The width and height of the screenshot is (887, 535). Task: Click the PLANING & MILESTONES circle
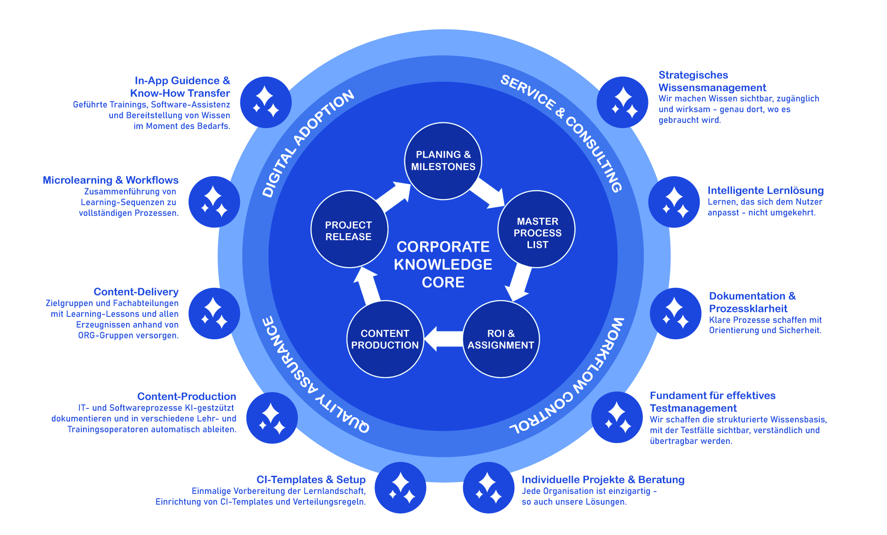(x=443, y=161)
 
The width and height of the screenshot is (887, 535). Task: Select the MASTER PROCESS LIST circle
(x=537, y=229)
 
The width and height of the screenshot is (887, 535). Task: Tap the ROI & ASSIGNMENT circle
(x=501, y=339)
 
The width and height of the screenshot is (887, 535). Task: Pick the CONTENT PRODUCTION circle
(x=385, y=339)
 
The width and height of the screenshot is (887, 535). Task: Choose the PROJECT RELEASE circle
(x=349, y=229)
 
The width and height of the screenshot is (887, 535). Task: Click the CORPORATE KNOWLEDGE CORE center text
(x=443, y=264)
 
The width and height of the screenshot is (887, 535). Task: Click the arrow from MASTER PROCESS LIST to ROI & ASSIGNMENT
(x=520, y=283)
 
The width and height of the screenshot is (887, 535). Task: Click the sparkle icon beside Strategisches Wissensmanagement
(x=622, y=102)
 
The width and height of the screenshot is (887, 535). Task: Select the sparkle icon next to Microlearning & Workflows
(x=214, y=202)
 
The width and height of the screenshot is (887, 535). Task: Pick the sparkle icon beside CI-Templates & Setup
(x=400, y=487)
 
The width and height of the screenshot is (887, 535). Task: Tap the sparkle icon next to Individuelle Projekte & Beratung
(x=488, y=487)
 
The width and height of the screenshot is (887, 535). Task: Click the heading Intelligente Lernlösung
(x=765, y=191)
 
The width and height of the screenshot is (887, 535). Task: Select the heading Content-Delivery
(x=136, y=292)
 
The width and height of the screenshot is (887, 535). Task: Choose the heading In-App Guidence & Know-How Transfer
(x=180, y=87)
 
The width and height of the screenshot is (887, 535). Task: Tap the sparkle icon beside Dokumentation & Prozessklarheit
(x=675, y=314)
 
